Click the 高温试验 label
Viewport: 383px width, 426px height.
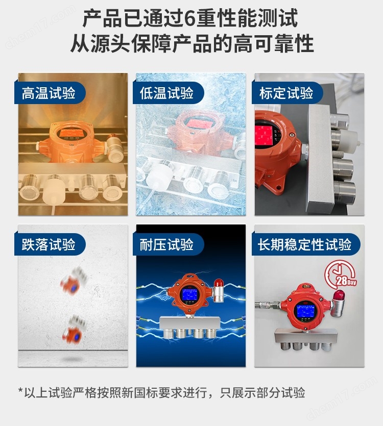tap(49, 93)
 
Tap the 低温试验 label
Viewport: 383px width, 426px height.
tap(167, 93)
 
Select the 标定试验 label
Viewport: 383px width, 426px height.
tap(286, 93)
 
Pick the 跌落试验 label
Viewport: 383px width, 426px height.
tap(49, 245)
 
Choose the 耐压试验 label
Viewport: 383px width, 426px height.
tap(167, 245)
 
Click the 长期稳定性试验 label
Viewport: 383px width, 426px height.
tap(305, 245)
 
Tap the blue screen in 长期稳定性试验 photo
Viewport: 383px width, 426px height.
tap(305, 311)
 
